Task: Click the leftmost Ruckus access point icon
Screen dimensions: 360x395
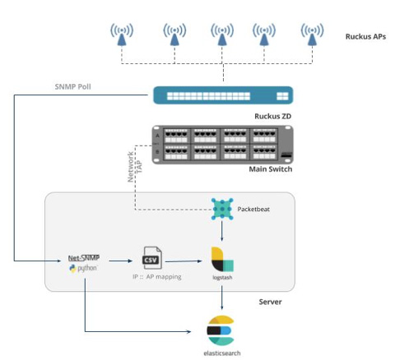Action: pyautogui.click(x=123, y=34)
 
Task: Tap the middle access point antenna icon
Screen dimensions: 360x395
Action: pyautogui.click(x=220, y=34)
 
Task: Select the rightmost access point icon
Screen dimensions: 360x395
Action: pyautogui.click(x=311, y=34)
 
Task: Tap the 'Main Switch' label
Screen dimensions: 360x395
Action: pyautogui.click(x=270, y=169)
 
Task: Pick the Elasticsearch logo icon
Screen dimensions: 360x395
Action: pyautogui.click(x=221, y=329)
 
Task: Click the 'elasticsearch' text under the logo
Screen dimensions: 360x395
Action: pyautogui.click(x=221, y=352)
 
